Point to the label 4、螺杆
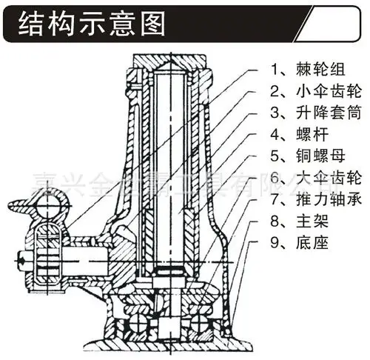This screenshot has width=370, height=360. [295, 136]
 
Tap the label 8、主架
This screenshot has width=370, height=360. [295, 221]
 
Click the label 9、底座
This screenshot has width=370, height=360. [295, 242]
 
